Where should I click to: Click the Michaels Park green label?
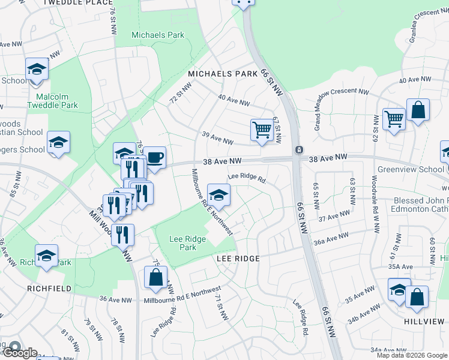click(x=158, y=35)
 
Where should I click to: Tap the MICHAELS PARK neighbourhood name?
click(x=223, y=73)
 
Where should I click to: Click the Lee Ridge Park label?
click(x=187, y=243)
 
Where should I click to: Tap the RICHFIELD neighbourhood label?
click(x=49, y=289)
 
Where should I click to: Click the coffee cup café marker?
click(x=154, y=158)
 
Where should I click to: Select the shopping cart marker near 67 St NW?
click(x=262, y=130)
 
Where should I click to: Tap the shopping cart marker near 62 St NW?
click(x=394, y=119)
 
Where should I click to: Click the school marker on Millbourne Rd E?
click(x=218, y=194)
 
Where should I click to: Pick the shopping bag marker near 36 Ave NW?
click(x=155, y=278)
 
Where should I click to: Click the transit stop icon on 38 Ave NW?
click(x=298, y=149)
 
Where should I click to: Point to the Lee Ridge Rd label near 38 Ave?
click(x=246, y=178)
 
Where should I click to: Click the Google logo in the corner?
click(x=20, y=353)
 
